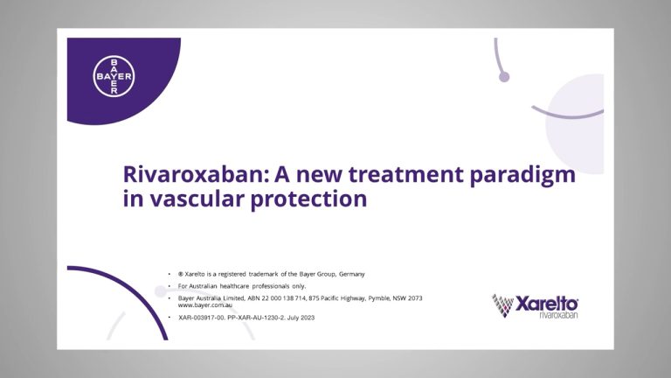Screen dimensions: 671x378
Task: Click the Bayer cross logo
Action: (x=114, y=76)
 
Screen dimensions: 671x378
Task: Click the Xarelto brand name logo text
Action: (x=546, y=304)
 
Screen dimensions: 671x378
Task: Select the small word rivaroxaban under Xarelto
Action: (x=558, y=315)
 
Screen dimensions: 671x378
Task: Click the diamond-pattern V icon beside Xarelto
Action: (x=502, y=305)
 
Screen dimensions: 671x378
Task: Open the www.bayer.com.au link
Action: (x=205, y=305)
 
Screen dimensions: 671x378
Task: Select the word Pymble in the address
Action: (x=378, y=298)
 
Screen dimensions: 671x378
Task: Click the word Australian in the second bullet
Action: (x=204, y=286)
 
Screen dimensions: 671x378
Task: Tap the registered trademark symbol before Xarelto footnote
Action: (x=181, y=274)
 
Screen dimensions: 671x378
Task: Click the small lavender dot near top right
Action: (x=504, y=77)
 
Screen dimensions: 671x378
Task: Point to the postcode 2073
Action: (x=415, y=298)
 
